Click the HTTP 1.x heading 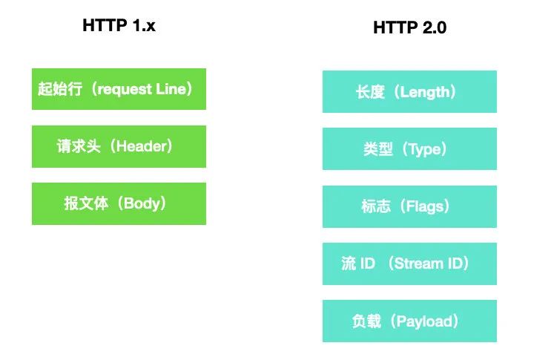tap(119, 25)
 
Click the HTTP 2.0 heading tap(409, 27)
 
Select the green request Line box tap(119, 89)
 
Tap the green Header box tap(119, 146)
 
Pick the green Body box tap(119, 203)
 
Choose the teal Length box tap(409, 91)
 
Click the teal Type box tap(409, 149)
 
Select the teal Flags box tap(409, 206)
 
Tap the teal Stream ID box tap(409, 264)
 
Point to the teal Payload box tap(409, 321)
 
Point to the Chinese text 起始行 tap(60, 89)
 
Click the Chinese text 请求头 tap(79, 146)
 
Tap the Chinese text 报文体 tap(86, 203)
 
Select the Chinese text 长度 tap(370, 92)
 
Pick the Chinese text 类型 tap(378, 149)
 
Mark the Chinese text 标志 tap(376, 206)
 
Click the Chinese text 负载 tap(366, 321)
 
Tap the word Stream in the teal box tap(418, 264)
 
